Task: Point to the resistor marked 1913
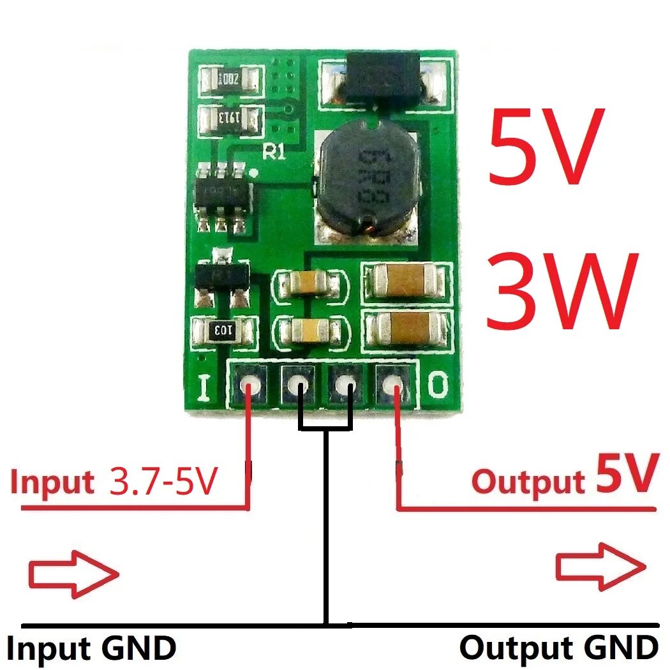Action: point(230,118)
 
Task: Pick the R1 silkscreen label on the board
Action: point(275,151)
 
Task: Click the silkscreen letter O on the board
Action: point(438,385)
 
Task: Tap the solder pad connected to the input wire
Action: point(249,385)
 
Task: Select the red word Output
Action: point(528,480)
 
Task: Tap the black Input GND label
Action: point(92,648)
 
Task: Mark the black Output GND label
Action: point(559,648)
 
